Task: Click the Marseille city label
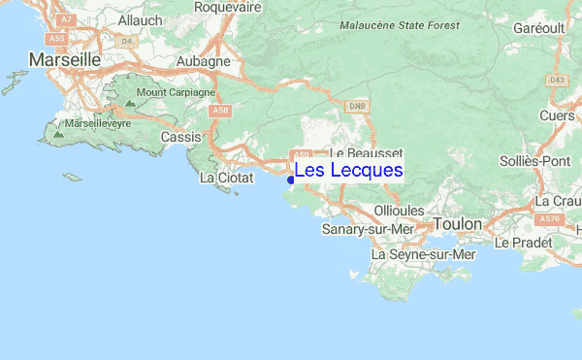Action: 65,60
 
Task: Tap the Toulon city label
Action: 457,224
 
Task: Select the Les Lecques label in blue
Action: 348,171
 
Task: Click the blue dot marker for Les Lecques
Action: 291,179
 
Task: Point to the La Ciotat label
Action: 226,179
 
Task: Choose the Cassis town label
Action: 180,138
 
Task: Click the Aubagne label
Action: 203,60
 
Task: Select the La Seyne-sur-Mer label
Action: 425,254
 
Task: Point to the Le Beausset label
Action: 366,153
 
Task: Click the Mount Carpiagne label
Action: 176,93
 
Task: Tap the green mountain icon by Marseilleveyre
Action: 58,133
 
